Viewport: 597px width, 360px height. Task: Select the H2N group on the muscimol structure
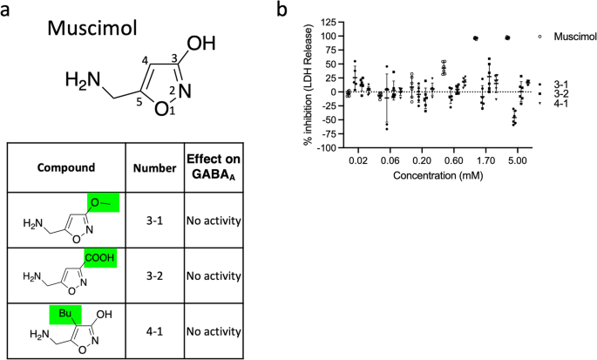pos(83,83)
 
